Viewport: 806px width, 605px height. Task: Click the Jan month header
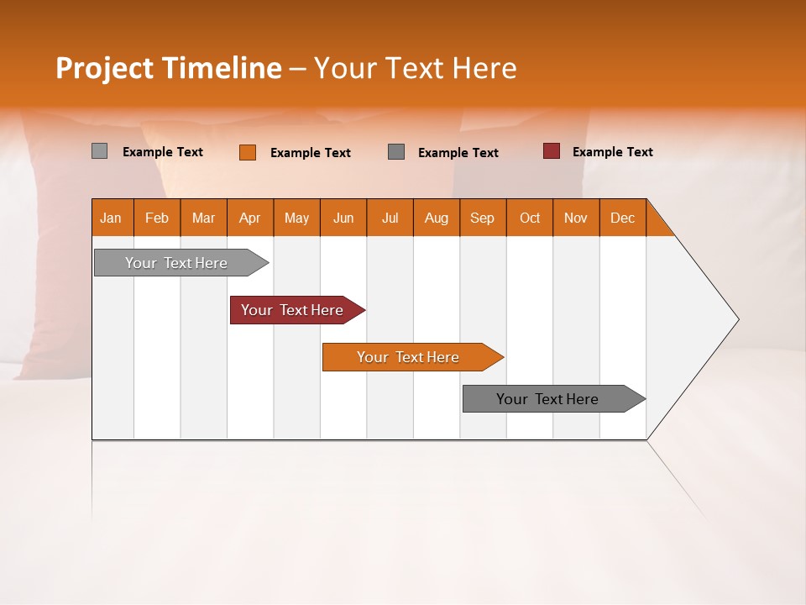click(x=111, y=218)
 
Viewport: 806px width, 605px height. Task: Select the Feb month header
click(x=157, y=218)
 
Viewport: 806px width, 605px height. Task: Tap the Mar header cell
click(x=203, y=218)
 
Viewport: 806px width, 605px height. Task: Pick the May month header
click(x=296, y=218)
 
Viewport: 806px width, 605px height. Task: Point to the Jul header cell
click(x=390, y=218)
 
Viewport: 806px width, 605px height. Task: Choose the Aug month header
click(x=436, y=218)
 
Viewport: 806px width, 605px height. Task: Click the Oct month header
click(x=530, y=218)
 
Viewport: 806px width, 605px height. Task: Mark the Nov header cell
click(x=576, y=218)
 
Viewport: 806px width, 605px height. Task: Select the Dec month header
click(x=622, y=218)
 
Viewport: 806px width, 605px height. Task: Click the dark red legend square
click(x=551, y=151)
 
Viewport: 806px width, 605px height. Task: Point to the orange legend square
click(x=247, y=152)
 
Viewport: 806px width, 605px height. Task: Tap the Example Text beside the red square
click(x=612, y=152)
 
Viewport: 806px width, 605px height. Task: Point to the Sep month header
click(x=482, y=218)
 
